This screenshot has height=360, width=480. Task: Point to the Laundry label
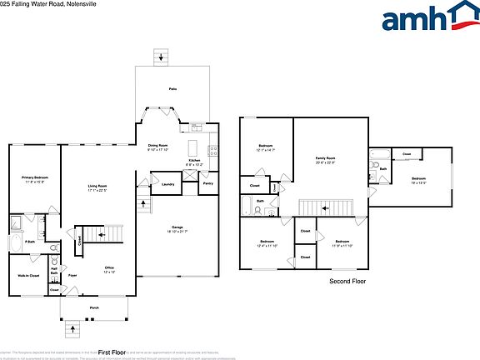point(167,183)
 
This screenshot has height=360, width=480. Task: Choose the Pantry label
point(207,182)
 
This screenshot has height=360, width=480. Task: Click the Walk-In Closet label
point(29,274)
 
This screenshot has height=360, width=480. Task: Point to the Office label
point(108,267)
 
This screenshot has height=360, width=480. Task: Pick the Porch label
point(94,306)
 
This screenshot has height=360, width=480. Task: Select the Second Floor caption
point(348,282)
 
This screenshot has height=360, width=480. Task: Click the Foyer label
point(72,274)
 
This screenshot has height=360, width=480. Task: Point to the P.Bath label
point(28,242)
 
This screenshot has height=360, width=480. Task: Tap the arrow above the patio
point(162,57)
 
